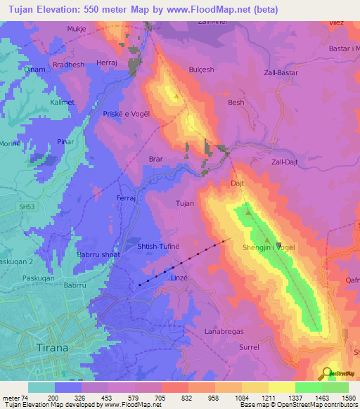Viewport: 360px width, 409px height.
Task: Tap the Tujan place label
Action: click(x=184, y=203)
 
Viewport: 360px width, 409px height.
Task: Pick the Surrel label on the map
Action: click(x=249, y=347)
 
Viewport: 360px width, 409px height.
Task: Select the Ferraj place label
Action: click(x=125, y=199)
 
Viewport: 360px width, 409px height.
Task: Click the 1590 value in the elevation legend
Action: click(x=347, y=398)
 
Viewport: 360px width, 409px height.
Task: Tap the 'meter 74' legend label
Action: click(x=14, y=398)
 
